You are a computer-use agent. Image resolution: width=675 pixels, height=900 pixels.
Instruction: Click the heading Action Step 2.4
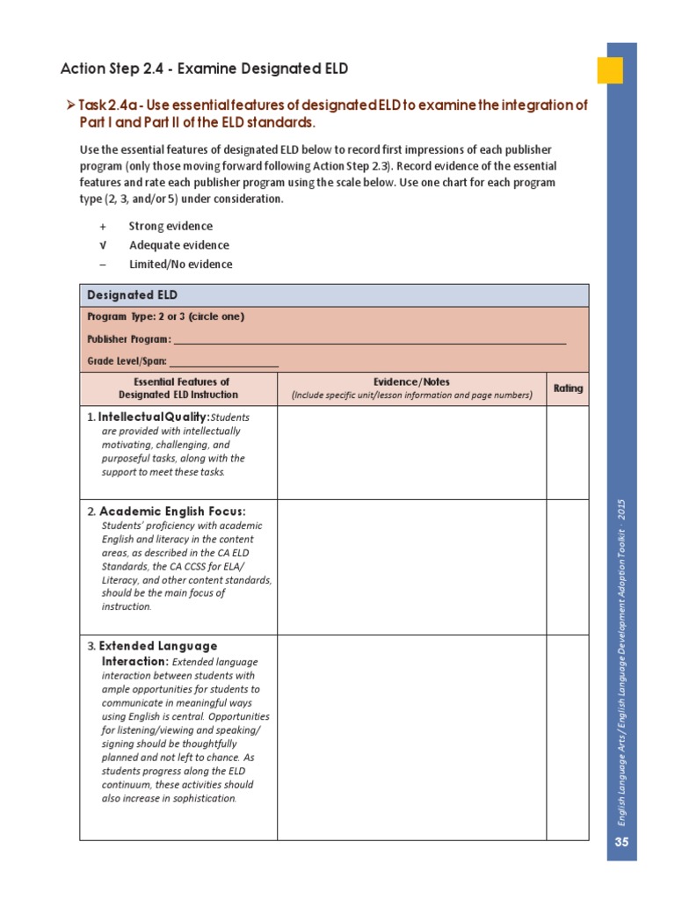click(197, 69)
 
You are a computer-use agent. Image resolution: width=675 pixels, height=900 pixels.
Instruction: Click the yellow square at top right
click(610, 70)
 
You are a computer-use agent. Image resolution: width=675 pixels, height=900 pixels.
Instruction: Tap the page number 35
click(622, 842)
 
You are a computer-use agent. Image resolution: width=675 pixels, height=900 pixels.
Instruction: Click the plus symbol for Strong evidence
click(103, 227)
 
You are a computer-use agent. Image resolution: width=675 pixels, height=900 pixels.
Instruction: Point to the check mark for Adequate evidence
click(103, 245)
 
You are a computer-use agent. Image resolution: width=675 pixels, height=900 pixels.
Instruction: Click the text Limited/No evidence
click(180, 265)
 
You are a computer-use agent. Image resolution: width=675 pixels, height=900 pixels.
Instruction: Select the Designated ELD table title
click(132, 295)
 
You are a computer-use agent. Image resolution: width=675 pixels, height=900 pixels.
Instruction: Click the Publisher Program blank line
click(369, 339)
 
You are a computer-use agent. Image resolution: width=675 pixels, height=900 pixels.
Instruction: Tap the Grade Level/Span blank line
click(223, 361)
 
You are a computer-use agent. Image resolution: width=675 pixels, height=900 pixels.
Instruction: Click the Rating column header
click(567, 388)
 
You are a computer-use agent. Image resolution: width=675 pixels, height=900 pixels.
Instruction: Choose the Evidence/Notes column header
click(411, 388)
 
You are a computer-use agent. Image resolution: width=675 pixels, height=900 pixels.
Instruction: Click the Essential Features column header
click(179, 388)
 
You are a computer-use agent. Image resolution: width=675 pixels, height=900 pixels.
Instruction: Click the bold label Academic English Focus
click(172, 512)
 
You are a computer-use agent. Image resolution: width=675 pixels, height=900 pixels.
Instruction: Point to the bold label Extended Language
click(158, 646)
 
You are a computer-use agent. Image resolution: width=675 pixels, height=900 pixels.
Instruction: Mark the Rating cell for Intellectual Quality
click(567, 453)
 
